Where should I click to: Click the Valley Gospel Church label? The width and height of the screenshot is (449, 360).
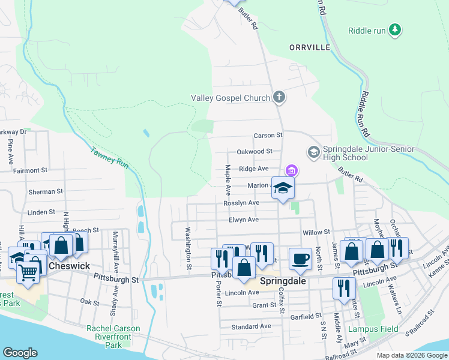tap(231, 97)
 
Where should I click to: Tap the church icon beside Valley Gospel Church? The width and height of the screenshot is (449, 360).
tap(278, 97)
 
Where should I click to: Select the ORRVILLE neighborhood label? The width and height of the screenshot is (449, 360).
tap(310, 47)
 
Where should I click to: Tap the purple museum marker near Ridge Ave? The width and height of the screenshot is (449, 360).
tap(291, 171)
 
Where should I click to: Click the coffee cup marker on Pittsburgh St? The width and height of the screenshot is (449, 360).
tap(300, 259)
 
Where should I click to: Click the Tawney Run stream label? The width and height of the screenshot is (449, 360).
tap(110, 157)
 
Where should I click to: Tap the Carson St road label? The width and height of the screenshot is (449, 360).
tap(268, 136)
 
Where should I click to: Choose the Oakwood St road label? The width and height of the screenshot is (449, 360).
tap(255, 152)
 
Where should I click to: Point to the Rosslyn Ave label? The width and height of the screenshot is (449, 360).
tap(241, 203)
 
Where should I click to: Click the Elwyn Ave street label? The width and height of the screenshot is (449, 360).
tap(243, 220)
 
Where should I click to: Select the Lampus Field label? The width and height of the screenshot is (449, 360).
tap(364, 329)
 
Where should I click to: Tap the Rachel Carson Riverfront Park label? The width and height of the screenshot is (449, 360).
tap(113, 332)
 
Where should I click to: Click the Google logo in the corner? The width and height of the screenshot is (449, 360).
tap(20, 353)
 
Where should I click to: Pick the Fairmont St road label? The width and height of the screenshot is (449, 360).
tap(30, 170)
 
